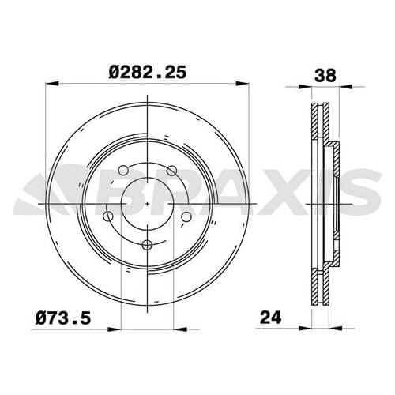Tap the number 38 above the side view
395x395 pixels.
325,76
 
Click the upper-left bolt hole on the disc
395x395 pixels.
122,168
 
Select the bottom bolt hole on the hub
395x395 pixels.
147,244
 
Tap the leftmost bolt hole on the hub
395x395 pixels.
108,216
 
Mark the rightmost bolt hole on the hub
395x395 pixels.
186,216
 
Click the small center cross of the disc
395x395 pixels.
148,204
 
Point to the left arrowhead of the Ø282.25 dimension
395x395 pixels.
52,84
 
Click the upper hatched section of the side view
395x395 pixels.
319,126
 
